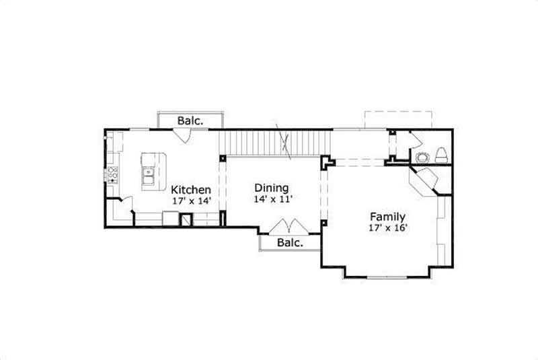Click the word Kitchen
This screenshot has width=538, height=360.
[x=191, y=190]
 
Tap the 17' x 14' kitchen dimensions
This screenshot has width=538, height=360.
[x=191, y=201]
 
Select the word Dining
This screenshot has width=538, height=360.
[x=272, y=188]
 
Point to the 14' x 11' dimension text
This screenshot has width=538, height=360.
[x=272, y=199]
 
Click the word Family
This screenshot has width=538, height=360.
[x=387, y=217]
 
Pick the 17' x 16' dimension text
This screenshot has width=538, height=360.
[x=387, y=227]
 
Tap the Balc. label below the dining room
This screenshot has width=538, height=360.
[x=290, y=242]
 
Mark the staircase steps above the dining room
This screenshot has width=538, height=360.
[x=276, y=143]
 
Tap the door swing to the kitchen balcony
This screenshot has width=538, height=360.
[x=181, y=134]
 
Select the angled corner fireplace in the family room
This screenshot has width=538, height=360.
[x=425, y=180]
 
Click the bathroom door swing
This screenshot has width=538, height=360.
[x=414, y=141]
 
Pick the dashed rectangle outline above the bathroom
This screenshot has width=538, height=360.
[x=398, y=119]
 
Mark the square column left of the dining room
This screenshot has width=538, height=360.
[x=223, y=158]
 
